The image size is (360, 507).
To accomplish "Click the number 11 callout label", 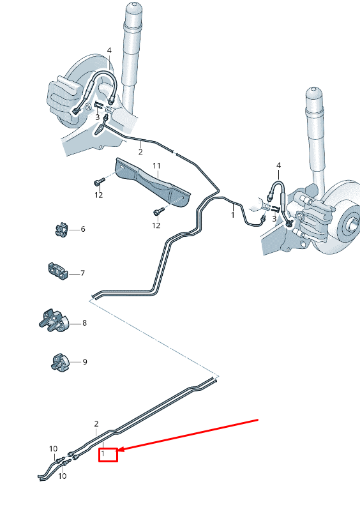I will pyautogui.click(x=156, y=166).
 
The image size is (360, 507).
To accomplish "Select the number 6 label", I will pyautogui.click(x=82, y=229).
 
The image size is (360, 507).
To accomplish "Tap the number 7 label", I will pyautogui.click(x=82, y=273).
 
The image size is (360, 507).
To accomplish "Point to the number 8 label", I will pyautogui.click(x=84, y=323).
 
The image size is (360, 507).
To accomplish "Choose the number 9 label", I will pyautogui.click(x=84, y=362).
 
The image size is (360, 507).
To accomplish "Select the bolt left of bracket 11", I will pyautogui.click(x=100, y=181).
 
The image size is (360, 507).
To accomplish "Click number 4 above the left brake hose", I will pyautogui.click(x=109, y=50).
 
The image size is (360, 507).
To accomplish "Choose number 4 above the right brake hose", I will pyautogui.click(x=278, y=166).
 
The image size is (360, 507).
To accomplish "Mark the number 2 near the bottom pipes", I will pyautogui.click(x=96, y=424).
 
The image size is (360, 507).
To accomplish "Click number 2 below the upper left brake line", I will pyautogui.click(x=140, y=152).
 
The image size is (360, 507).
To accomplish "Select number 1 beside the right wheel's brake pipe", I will pyautogui.click(x=233, y=215).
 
